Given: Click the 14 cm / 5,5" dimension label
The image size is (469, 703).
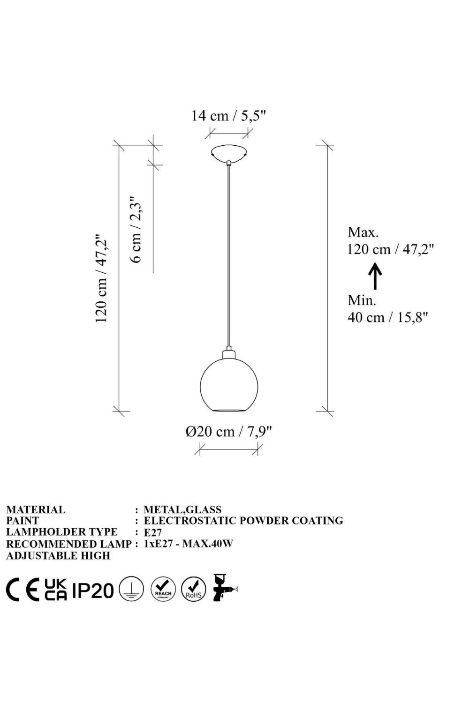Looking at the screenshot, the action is pyautogui.click(x=229, y=116).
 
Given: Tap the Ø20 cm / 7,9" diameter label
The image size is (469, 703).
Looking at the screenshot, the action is pyautogui.click(x=228, y=432).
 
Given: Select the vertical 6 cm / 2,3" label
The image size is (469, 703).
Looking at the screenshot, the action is pyautogui.click(x=136, y=230).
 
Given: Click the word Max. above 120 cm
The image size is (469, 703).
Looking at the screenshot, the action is pyautogui.click(x=363, y=232).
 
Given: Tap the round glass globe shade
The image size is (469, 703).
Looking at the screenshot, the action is pyautogui.click(x=229, y=385).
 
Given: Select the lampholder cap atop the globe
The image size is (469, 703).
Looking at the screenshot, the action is pyautogui.click(x=229, y=354).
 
